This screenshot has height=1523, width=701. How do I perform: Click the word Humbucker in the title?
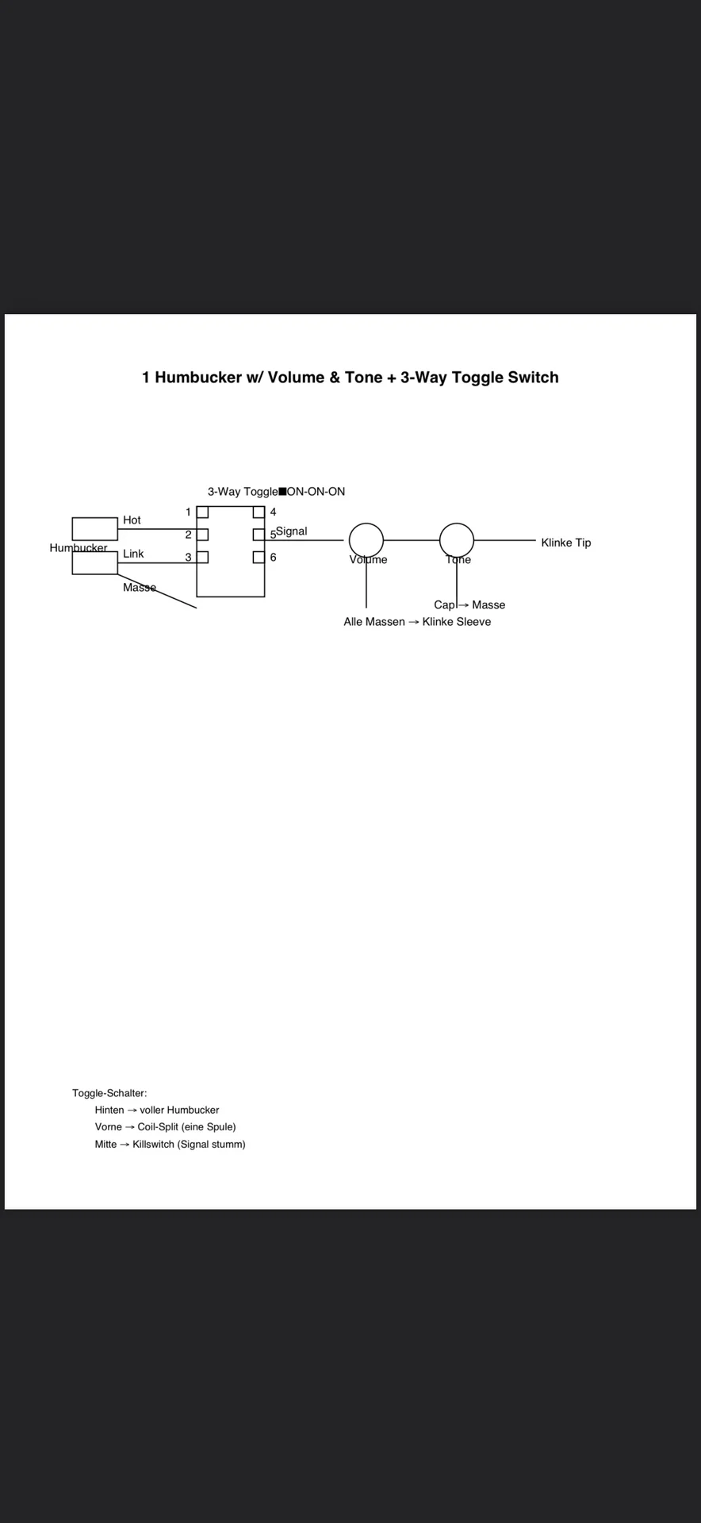[198, 378]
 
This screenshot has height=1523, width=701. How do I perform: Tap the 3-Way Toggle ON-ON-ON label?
[276, 492]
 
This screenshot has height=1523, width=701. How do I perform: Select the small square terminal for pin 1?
[202, 512]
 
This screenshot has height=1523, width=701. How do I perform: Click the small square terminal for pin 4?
[259, 512]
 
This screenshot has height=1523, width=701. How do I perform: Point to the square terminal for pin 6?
[259, 557]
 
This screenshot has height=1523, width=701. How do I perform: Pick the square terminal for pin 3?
[202, 557]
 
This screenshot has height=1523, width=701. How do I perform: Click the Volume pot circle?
[366, 540]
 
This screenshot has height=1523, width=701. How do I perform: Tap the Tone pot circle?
[457, 540]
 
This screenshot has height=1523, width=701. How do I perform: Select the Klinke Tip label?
[565, 543]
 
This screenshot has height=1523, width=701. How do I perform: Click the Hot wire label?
[132, 520]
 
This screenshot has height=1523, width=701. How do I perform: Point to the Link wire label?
[133, 554]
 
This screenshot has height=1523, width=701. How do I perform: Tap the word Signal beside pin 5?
[292, 531]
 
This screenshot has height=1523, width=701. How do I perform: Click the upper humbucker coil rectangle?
[94, 529]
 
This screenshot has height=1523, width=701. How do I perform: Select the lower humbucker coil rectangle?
[94, 563]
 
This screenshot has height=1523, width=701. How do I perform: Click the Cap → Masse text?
[469, 605]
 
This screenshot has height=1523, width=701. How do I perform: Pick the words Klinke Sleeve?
[456, 622]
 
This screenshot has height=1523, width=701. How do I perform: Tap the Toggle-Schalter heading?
[109, 1093]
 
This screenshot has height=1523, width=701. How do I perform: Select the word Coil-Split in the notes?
[158, 1127]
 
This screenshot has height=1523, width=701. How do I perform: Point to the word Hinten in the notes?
[109, 1111]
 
